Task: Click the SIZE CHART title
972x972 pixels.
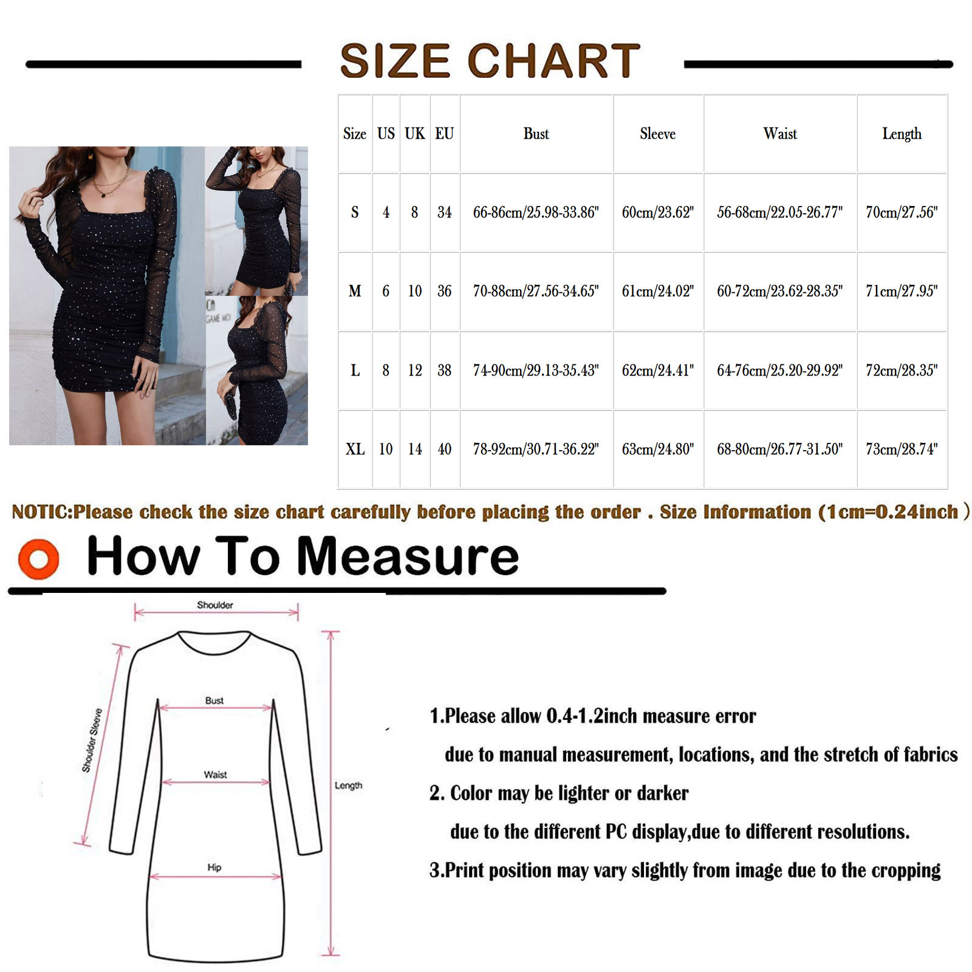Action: point(490,61)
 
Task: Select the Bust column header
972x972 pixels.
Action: point(536,134)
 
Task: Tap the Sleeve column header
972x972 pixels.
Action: point(657,134)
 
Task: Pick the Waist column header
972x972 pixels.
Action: point(780,134)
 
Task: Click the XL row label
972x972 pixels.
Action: point(355,449)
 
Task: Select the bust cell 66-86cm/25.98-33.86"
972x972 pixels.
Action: point(536,212)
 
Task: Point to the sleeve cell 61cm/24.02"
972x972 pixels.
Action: point(657,291)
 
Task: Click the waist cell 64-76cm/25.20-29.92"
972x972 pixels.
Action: point(780,370)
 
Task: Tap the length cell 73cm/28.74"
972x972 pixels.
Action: point(902,449)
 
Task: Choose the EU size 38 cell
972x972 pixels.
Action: point(445,370)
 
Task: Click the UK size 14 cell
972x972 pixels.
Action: point(415,449)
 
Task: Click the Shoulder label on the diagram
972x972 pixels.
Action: point(215,605)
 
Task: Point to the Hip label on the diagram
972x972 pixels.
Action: point(214,868)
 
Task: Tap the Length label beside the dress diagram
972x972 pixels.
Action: point(348,785)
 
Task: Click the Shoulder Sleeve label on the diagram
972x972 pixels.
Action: point(92,741)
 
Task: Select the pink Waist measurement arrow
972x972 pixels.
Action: point(216,782)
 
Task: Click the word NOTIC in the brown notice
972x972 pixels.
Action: point(41,512)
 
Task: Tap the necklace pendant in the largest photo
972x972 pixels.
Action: point(104,195)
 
